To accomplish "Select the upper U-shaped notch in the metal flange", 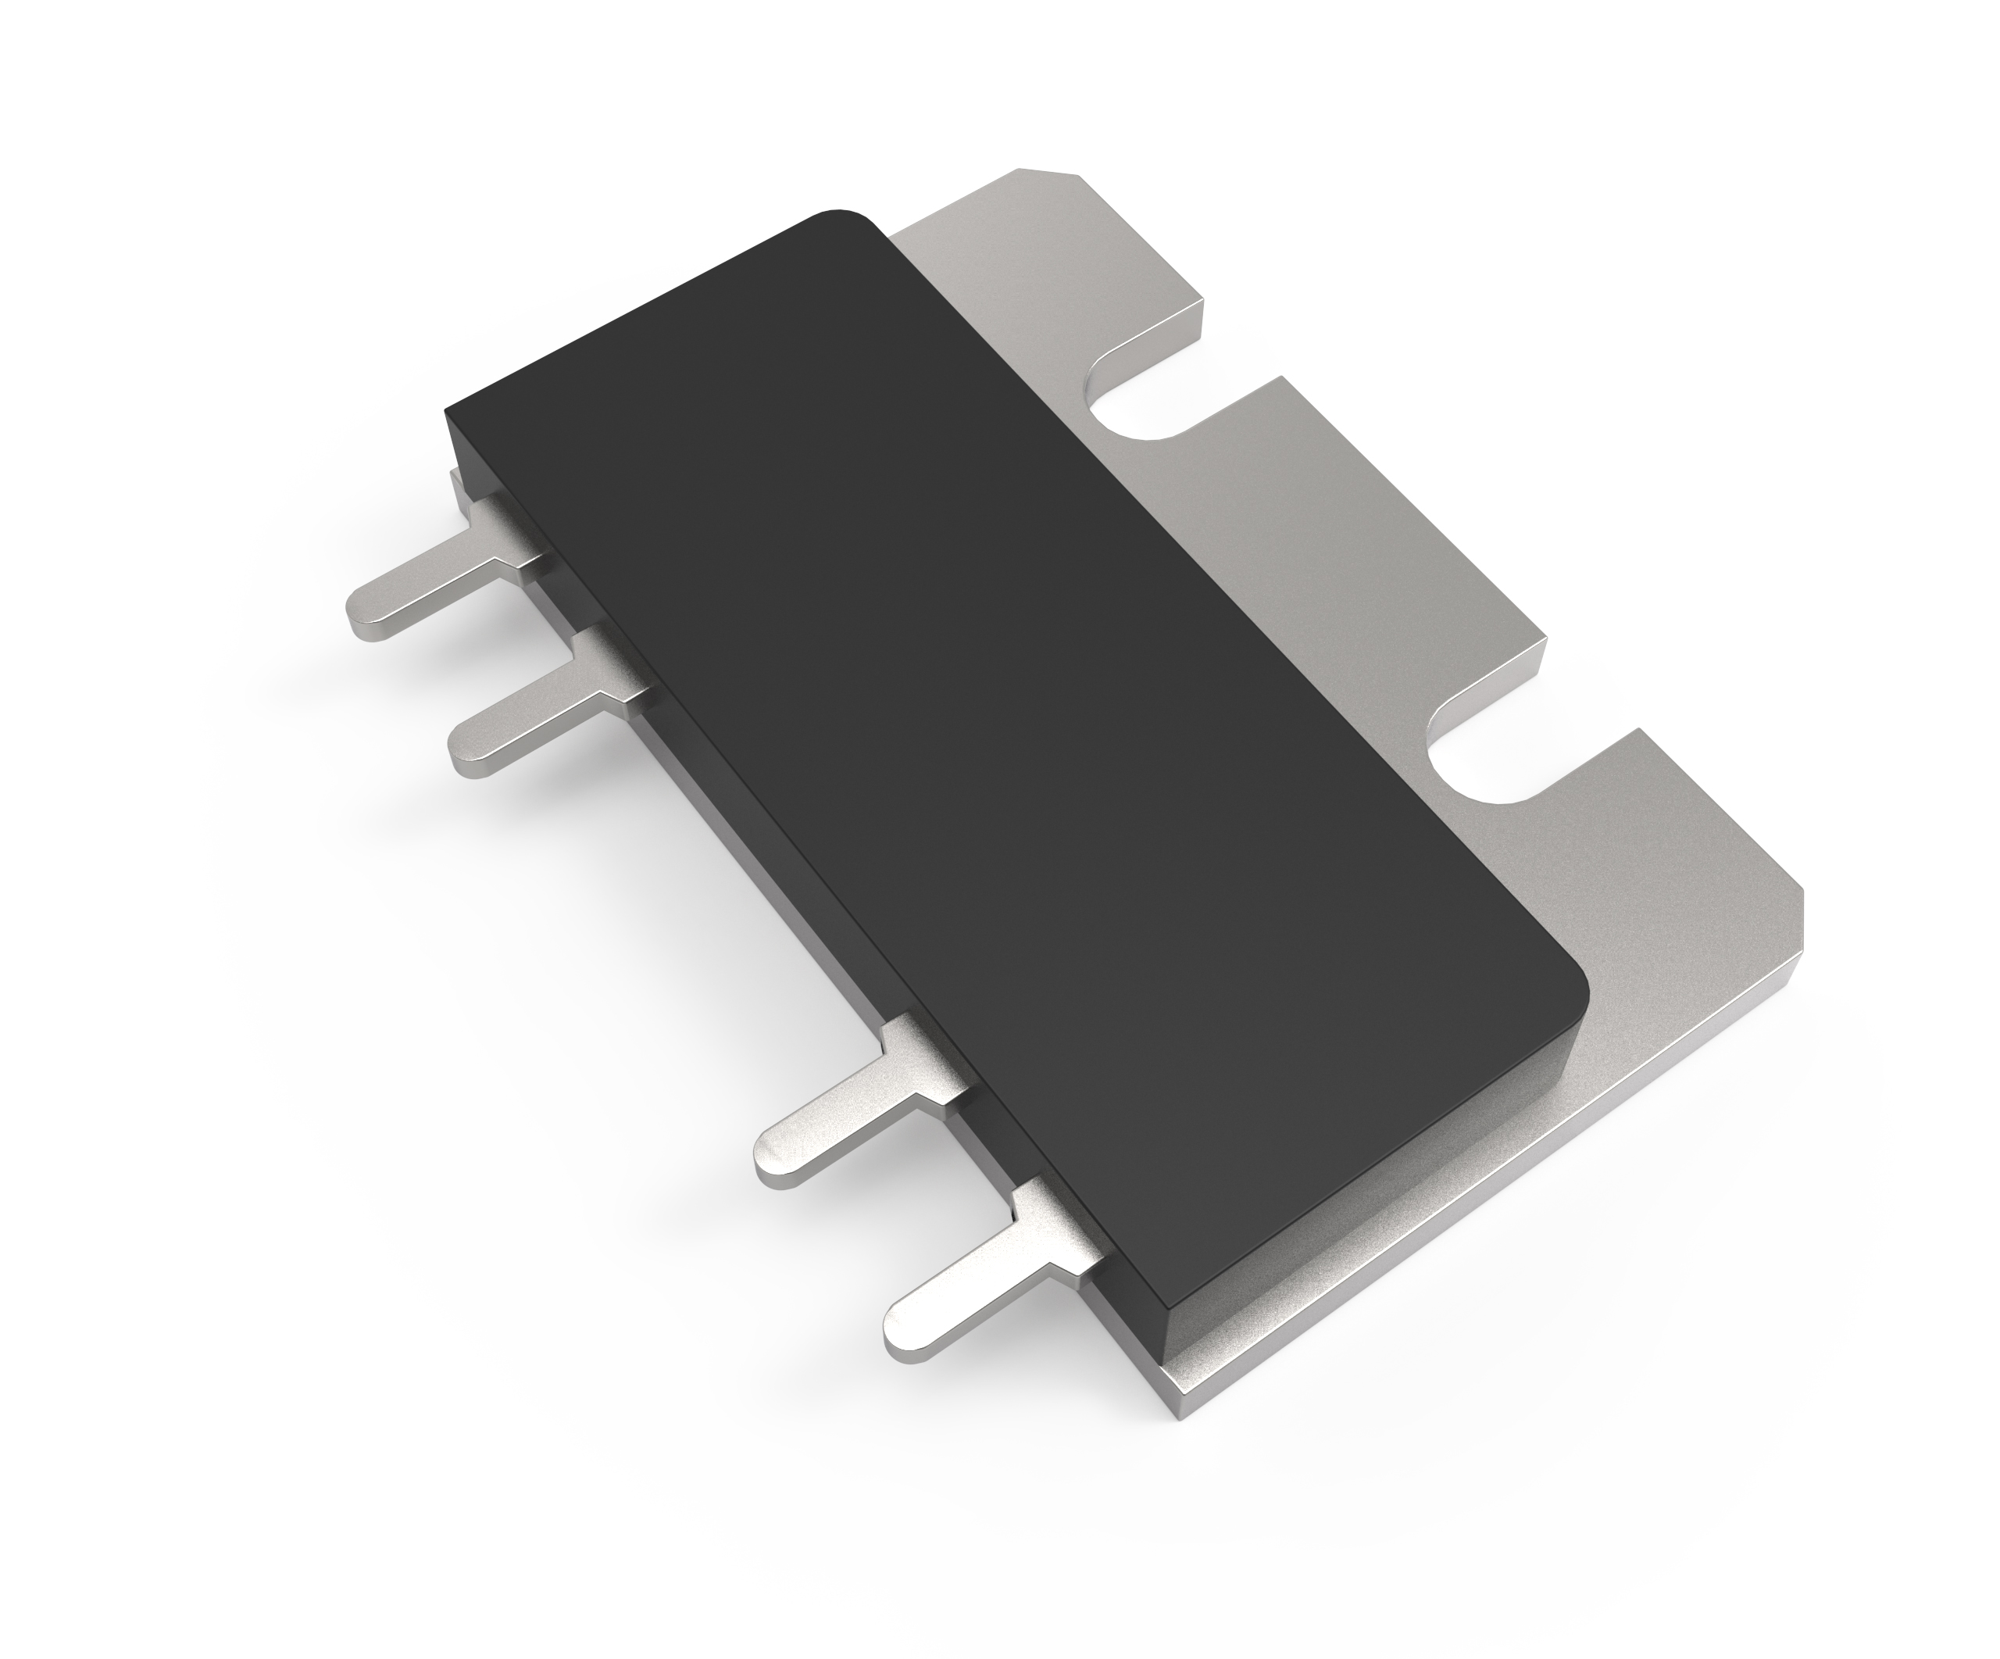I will pos(1134,405).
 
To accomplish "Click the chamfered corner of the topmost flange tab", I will pos(1052,173).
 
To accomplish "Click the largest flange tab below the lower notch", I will pos(1714,905).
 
